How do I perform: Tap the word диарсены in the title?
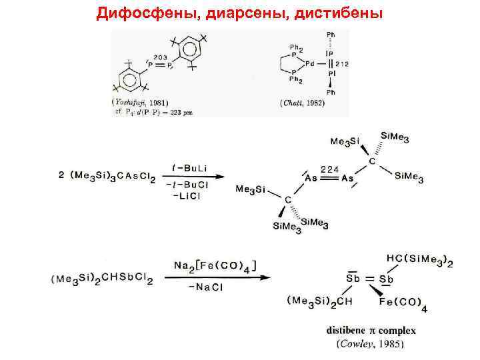pyautogui.click(x=223, y=13)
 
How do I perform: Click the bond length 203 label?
pyautogui.click(x=160, y=58)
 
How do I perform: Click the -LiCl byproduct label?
pyautogui.click(x=192, y=195)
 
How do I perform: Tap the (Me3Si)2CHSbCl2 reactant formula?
pyautogui.click(x=101, y=279)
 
